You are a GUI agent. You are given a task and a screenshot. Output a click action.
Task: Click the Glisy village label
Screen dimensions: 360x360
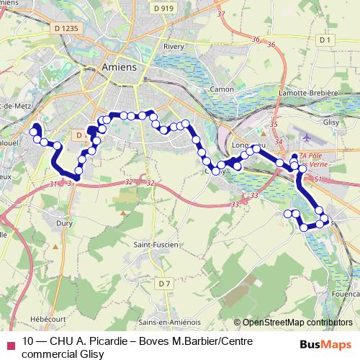pos(330,122)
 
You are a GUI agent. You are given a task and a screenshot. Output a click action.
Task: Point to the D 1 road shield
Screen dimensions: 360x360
pos(324,40)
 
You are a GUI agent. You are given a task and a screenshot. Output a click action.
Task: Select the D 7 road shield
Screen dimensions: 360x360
pos(164,282)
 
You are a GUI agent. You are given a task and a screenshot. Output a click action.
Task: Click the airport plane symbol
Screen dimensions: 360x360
pos(308,136)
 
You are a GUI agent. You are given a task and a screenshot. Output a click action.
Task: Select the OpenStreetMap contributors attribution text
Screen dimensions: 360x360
pos(297,323)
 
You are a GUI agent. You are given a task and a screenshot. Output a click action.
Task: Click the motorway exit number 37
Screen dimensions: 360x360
pos(221,14)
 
